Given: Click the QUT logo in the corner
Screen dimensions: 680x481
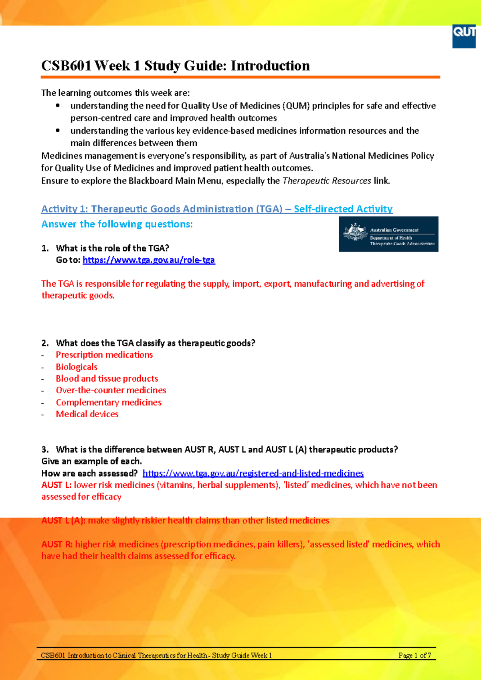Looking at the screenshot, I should (464, 36).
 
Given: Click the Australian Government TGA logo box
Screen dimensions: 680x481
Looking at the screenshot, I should (388, 234).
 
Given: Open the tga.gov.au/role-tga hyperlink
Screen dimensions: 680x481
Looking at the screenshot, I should (149, 260).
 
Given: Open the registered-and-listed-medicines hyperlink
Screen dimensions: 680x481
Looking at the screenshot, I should (253, 473).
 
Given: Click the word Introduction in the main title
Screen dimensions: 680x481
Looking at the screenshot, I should (270, 66).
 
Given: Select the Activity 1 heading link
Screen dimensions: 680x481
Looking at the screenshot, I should (216, 209).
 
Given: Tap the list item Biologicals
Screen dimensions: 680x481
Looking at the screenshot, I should (77, 367).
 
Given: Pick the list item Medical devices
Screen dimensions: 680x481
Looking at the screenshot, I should (87, 414).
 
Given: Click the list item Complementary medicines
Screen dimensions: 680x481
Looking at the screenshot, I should (109, 402).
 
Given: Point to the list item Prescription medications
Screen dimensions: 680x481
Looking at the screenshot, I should (104, 355).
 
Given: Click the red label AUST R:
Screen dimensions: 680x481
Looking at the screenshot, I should (57, 545).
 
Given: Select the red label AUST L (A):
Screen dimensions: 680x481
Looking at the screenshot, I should (63, 521).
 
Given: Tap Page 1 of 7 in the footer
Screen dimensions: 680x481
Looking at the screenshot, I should (414, 656).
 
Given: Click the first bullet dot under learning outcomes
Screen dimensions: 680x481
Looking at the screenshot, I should (58, 106).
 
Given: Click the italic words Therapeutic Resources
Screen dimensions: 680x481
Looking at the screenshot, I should (327, 181).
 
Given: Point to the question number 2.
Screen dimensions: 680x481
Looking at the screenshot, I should (44, 343).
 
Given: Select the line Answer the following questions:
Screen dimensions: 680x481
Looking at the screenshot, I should (117, 224).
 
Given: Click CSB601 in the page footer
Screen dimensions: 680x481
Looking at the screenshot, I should (53, 656).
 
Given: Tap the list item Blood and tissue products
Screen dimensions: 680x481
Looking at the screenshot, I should (107, 379).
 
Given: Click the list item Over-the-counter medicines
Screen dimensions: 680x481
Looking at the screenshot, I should (111, 390).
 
